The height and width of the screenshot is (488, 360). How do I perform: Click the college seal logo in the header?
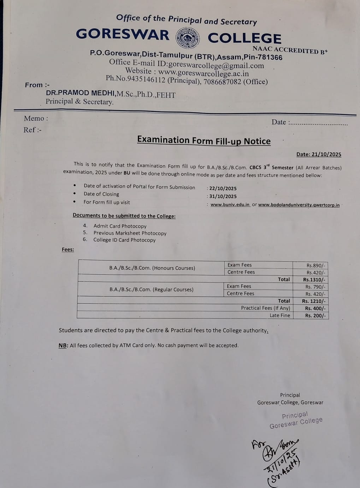[x=188, y=37]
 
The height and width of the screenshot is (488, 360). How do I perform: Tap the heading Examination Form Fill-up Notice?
[x=204, y=141]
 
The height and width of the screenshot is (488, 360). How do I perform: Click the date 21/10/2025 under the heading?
[x=319, y=154]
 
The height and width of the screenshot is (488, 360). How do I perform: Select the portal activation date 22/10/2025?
[x=223, y=188]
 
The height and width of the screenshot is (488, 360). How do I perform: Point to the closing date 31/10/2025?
[x=223, y=196]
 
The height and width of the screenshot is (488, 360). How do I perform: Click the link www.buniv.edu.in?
[x=230, y=204]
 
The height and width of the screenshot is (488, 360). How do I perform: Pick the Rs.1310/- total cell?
[x=314, y=280]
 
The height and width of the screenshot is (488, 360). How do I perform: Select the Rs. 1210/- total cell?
[x=314, y=301]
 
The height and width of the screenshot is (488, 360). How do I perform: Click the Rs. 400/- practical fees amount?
[x=315, y=308]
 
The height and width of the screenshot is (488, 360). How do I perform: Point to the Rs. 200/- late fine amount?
[x=315, y=316]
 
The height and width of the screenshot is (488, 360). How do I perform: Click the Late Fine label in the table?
[x=279, y=315]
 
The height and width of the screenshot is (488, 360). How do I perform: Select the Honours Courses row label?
[x=152, y=268]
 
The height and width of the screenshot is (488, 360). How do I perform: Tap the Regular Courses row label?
[x=151, y=290]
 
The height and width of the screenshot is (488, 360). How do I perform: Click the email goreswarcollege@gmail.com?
[x=216, y=66]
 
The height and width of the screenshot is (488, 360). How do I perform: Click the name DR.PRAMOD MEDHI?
[x=80, y=93]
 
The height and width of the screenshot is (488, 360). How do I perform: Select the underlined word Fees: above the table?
[x=68, y=250]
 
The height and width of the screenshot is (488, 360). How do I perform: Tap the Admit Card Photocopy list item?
[x=120, y=226]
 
